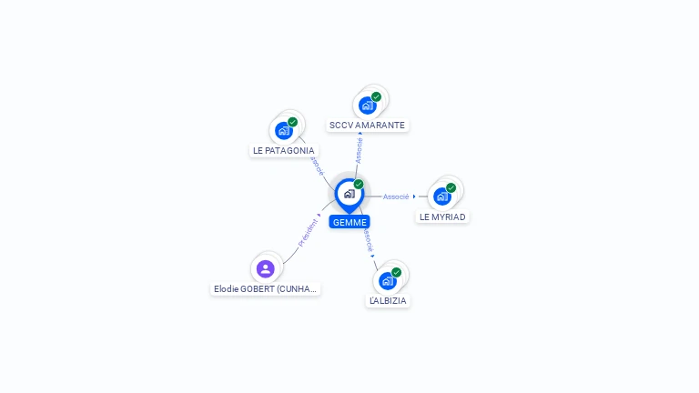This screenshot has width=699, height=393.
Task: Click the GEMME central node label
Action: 349,222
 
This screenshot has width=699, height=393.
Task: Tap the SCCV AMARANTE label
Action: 367,126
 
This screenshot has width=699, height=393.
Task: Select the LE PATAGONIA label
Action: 284,151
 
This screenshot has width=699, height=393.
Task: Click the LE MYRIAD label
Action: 442,217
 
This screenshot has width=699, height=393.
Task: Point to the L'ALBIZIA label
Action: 388,301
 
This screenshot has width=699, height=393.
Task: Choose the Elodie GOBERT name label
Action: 265,288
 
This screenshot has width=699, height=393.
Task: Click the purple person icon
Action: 265,269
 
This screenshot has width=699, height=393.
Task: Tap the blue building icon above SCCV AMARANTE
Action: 368,106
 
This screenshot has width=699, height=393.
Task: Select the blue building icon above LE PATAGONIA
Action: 284,131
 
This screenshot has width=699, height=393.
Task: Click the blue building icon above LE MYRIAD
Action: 442,196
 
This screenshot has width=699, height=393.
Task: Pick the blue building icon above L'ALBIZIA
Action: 388,281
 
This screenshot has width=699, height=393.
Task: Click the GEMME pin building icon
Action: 349,194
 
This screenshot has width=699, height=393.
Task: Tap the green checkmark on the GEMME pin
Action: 359,184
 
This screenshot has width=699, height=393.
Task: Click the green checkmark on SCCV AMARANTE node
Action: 376,96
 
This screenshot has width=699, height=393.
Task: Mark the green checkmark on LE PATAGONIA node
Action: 292,122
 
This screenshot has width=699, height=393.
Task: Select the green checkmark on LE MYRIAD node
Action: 451,187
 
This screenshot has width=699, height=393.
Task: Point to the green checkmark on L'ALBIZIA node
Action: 396,272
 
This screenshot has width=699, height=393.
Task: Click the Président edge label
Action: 308,233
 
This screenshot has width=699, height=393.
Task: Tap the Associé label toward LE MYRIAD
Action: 396,196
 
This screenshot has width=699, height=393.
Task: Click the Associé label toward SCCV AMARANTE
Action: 359,151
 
